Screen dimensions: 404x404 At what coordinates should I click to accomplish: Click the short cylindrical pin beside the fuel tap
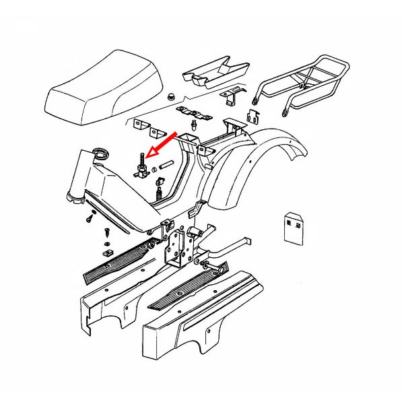(168, 164)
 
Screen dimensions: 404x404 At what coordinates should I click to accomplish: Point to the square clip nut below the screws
(106, 253)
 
